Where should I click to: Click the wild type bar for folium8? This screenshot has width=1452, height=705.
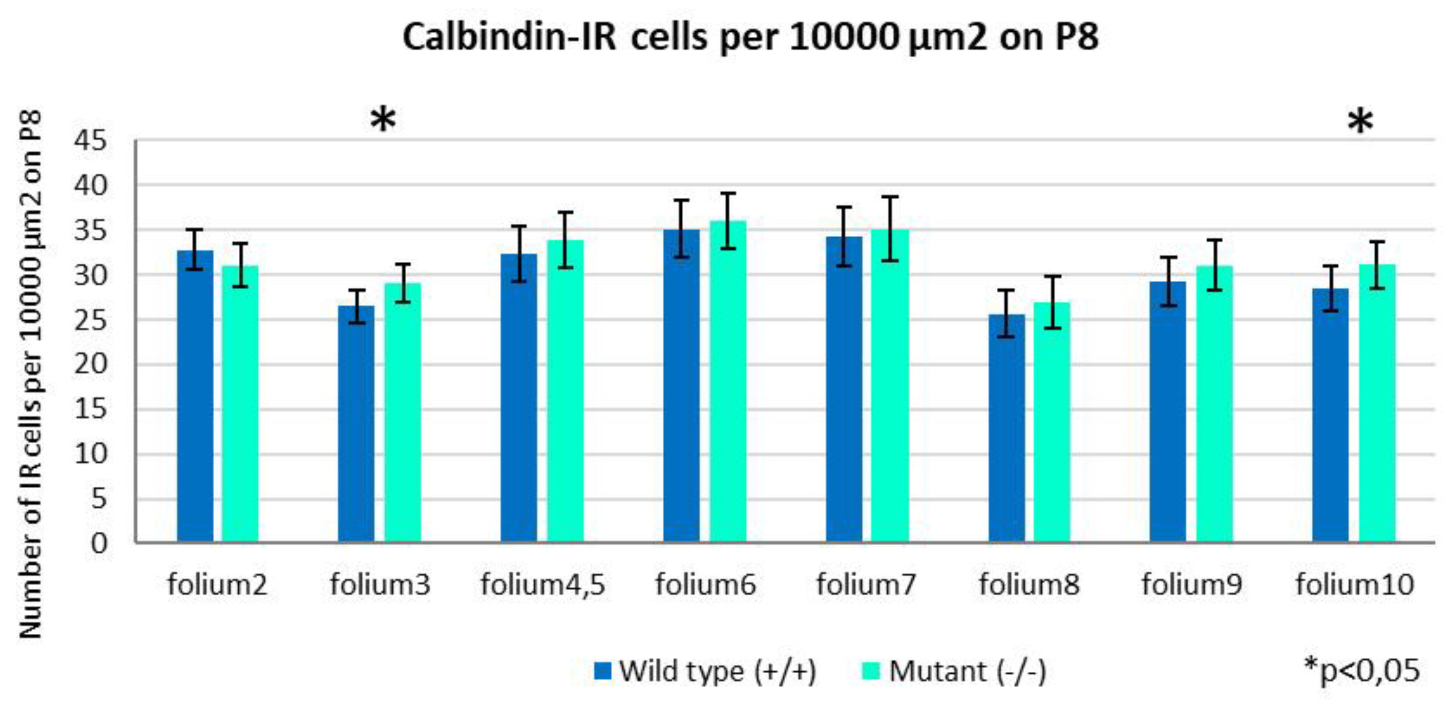(1007, 428)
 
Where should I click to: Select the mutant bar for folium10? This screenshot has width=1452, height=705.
(1377, 403)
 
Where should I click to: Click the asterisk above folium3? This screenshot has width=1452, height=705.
(383, 121)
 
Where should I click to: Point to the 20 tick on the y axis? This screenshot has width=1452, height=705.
(90, 364)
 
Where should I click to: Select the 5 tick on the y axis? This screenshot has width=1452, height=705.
(98, 499)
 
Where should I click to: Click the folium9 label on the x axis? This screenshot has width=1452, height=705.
(1191, 584)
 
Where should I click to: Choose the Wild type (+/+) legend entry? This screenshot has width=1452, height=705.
(704, 671)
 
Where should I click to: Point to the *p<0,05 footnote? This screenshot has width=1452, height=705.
(1362, 670)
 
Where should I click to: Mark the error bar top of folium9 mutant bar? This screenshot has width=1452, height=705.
(1215, 240)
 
